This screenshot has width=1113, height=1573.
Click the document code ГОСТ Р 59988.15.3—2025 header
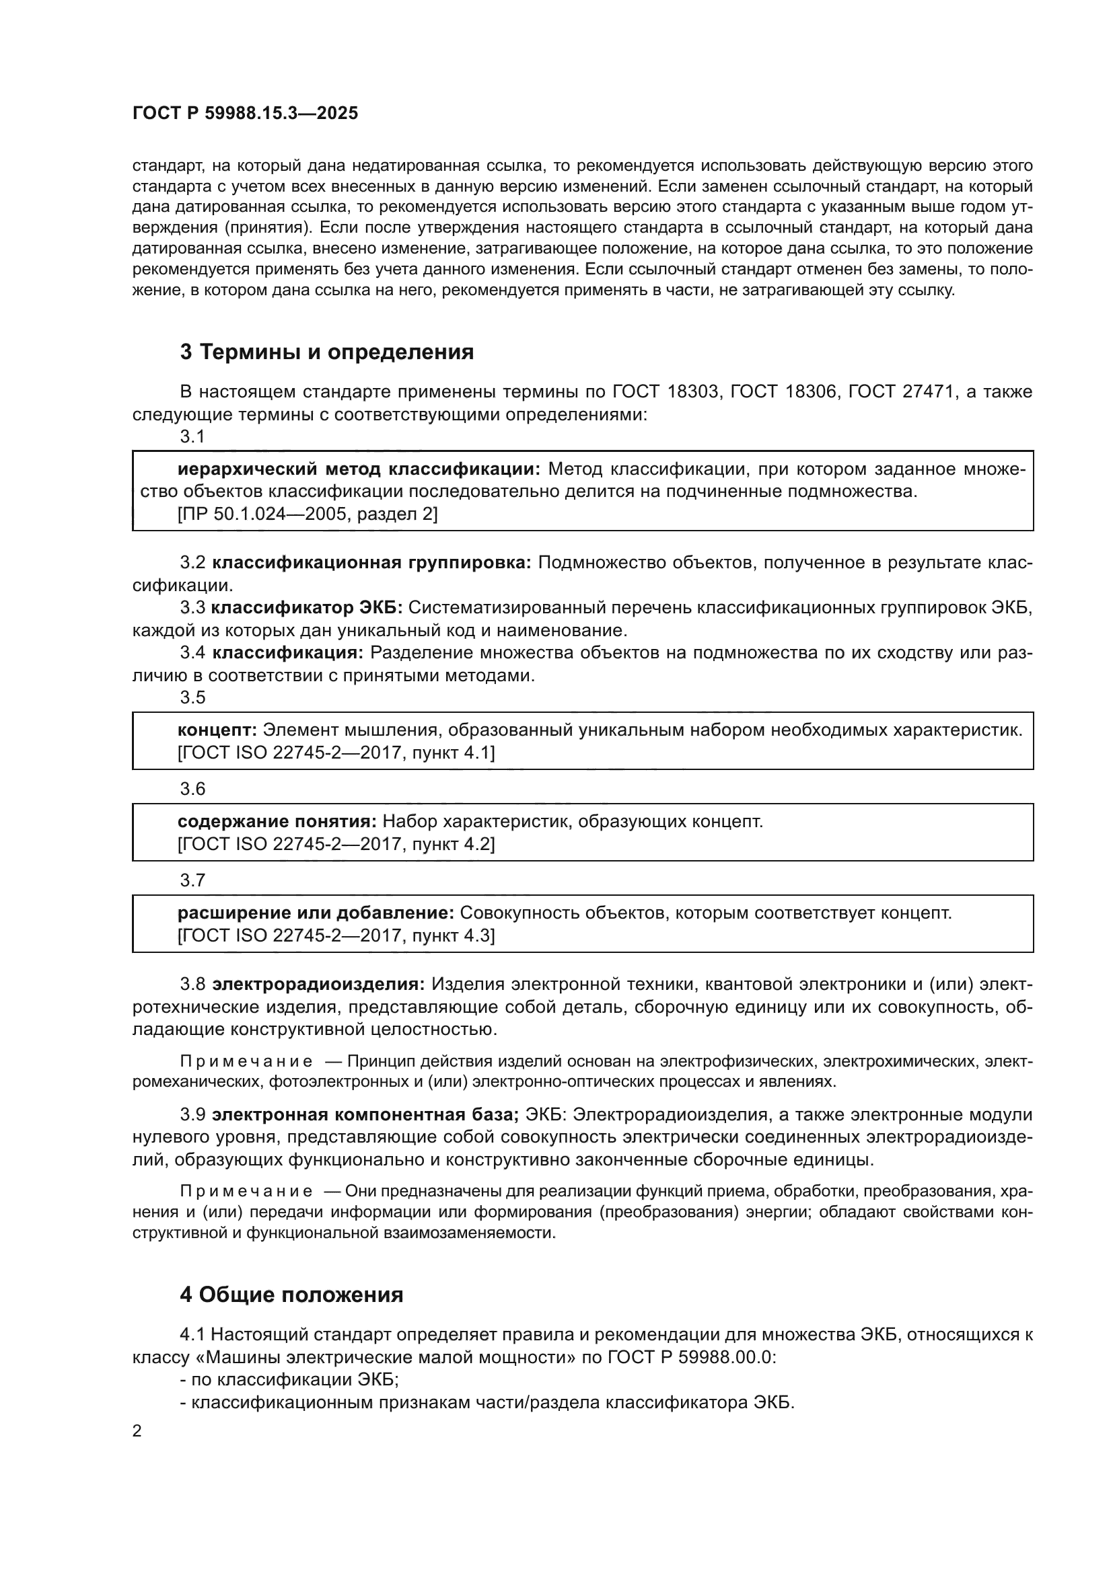(x=245, y=114)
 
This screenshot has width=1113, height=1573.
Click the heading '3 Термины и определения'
(x=326, y=352)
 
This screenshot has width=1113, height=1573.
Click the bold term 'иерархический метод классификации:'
(x=359, y=469)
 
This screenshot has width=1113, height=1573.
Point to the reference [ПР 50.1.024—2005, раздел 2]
(x=307, y=514)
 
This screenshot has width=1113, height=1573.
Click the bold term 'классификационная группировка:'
(x=371, y=562)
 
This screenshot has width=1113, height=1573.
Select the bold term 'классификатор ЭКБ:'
(x=306, y=608)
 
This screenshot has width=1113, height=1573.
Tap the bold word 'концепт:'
(x=217, y=730)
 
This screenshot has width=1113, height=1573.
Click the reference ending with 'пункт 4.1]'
(x=336, y=753)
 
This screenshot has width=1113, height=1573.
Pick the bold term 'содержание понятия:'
(x=277, y=820)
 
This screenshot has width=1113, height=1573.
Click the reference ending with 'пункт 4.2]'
(x=336, y=843)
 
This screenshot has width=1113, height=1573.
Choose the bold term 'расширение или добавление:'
(x=315, y=913)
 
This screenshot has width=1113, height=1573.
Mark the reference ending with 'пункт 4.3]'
(x=336, y=935)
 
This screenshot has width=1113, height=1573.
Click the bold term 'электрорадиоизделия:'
(x=318, y=985)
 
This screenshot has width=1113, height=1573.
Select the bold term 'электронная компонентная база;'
(x=365, y=1114)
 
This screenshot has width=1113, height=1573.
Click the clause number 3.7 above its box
(x=192, y=880)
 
